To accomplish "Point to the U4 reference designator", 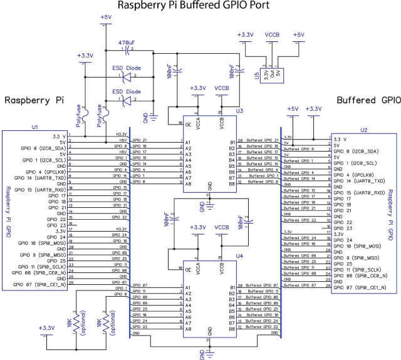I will coord(239,255).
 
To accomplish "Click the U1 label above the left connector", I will coord(35,127).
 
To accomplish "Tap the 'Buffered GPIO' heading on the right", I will coord(368,100).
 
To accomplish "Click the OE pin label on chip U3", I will coord(187,124).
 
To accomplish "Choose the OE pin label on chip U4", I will coord(187,269).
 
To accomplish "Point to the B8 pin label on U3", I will coord(232,184).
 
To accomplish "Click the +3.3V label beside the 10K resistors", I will coord(46,327).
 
